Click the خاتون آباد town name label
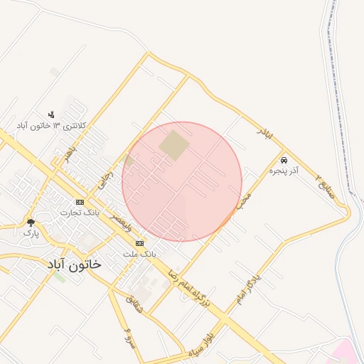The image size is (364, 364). click(x=74, y=264)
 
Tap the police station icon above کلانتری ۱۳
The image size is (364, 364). click(x=51, y=114)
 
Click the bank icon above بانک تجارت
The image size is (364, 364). click(x=80, y=202)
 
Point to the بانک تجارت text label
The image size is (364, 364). click(x=80, y=213)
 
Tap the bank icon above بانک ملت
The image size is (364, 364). click(x=139, y=242)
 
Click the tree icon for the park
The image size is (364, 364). click(x=30, y=222)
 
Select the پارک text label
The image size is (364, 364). click(x=30, y=232)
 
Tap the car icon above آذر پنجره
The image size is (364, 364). click(x=284, y=161)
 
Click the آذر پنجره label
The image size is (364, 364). click(x=284, y=171)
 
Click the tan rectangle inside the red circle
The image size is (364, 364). click(x=173, y=144)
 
